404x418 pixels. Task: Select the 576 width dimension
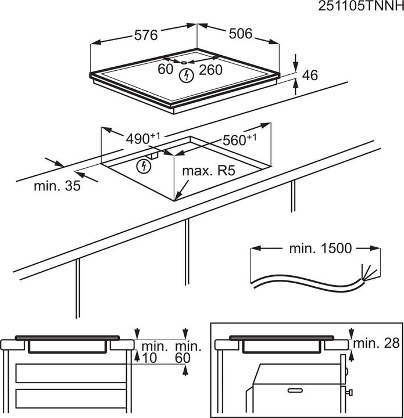point(146,35)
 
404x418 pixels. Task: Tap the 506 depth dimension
point(241,34)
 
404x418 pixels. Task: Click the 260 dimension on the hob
point(210,70)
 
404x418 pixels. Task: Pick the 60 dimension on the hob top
point(166,70)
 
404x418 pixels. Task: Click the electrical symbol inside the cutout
point(142,167)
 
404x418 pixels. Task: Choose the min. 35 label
point(57,186)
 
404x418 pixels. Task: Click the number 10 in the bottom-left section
point(150,359)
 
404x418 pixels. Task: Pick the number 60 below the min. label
point(183,359)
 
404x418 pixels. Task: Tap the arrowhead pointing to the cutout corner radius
point(178,196)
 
